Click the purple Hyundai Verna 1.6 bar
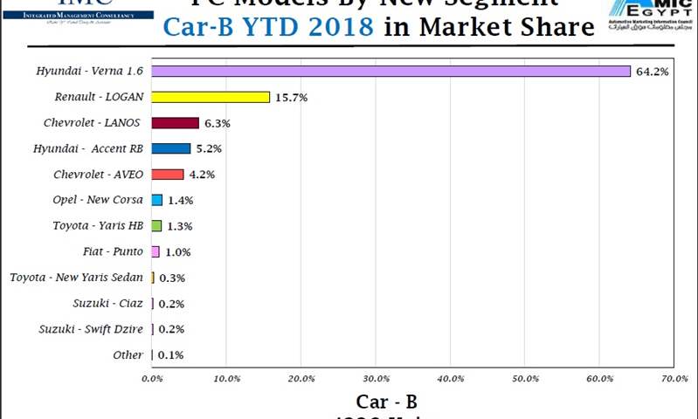point(390,71)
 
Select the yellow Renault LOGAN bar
point(211,97)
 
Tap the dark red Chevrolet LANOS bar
point(175,123)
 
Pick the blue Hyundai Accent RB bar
point(171,148)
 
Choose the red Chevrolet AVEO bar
point(168,175)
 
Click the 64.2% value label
point(652,72)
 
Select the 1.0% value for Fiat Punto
point(177,252)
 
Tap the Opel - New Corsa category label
point(98,200)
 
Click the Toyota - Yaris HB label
point(98,226)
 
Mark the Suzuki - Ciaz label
point(108,304)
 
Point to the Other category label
point(128,355)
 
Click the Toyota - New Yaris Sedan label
point(76,278)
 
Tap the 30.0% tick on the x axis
point(376,379)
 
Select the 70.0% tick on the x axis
point(674,379)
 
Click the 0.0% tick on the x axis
point(152,379)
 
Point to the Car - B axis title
point(385,402)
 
